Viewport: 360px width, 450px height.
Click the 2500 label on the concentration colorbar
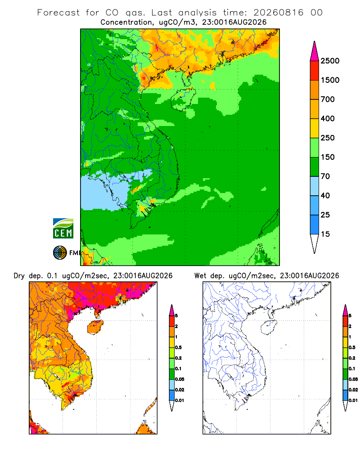click(330, 61)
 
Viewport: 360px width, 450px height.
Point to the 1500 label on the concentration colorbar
click(330, 80)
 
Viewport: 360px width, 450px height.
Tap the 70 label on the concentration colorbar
click(325, 176)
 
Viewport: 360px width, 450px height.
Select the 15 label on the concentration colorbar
click(325, 234)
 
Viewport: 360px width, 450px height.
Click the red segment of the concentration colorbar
click(315, 71)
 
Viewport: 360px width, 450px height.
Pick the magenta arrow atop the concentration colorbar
click(315, 51)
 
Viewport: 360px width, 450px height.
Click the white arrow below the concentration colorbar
click(315, 243)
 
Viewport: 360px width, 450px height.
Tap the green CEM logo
click(63, 229)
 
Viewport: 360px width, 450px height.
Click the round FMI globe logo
click(60, 253)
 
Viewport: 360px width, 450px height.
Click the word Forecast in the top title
click(58, 13)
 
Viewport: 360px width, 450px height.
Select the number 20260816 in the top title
click(278, 13)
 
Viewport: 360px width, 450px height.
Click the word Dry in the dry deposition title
click(19, 275)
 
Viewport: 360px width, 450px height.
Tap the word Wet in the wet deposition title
click(200, 275)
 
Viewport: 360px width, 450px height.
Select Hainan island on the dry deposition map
click(95, 327)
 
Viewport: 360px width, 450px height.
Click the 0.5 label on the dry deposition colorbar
click(178, 347)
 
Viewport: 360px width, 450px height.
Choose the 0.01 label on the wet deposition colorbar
click(353, 400)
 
